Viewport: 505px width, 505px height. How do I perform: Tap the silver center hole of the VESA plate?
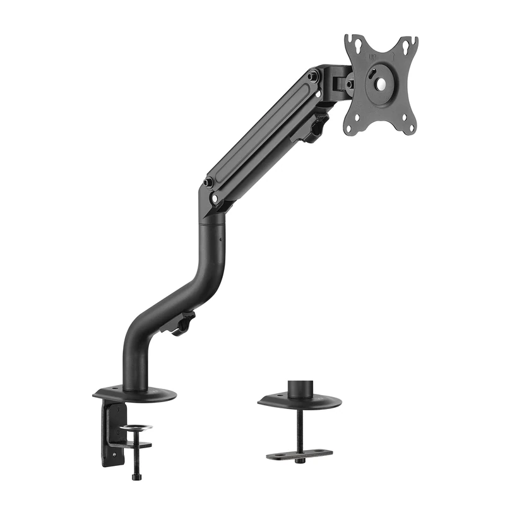[381, 81]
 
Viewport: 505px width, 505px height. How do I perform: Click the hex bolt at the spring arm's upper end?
[312, 76]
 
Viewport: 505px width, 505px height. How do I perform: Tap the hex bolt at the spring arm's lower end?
[208, 182]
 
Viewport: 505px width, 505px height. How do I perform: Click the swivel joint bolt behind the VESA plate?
[350, 84]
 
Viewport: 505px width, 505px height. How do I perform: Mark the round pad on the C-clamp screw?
[136, 429]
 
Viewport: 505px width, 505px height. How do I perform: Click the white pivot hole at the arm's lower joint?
[216, 198]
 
